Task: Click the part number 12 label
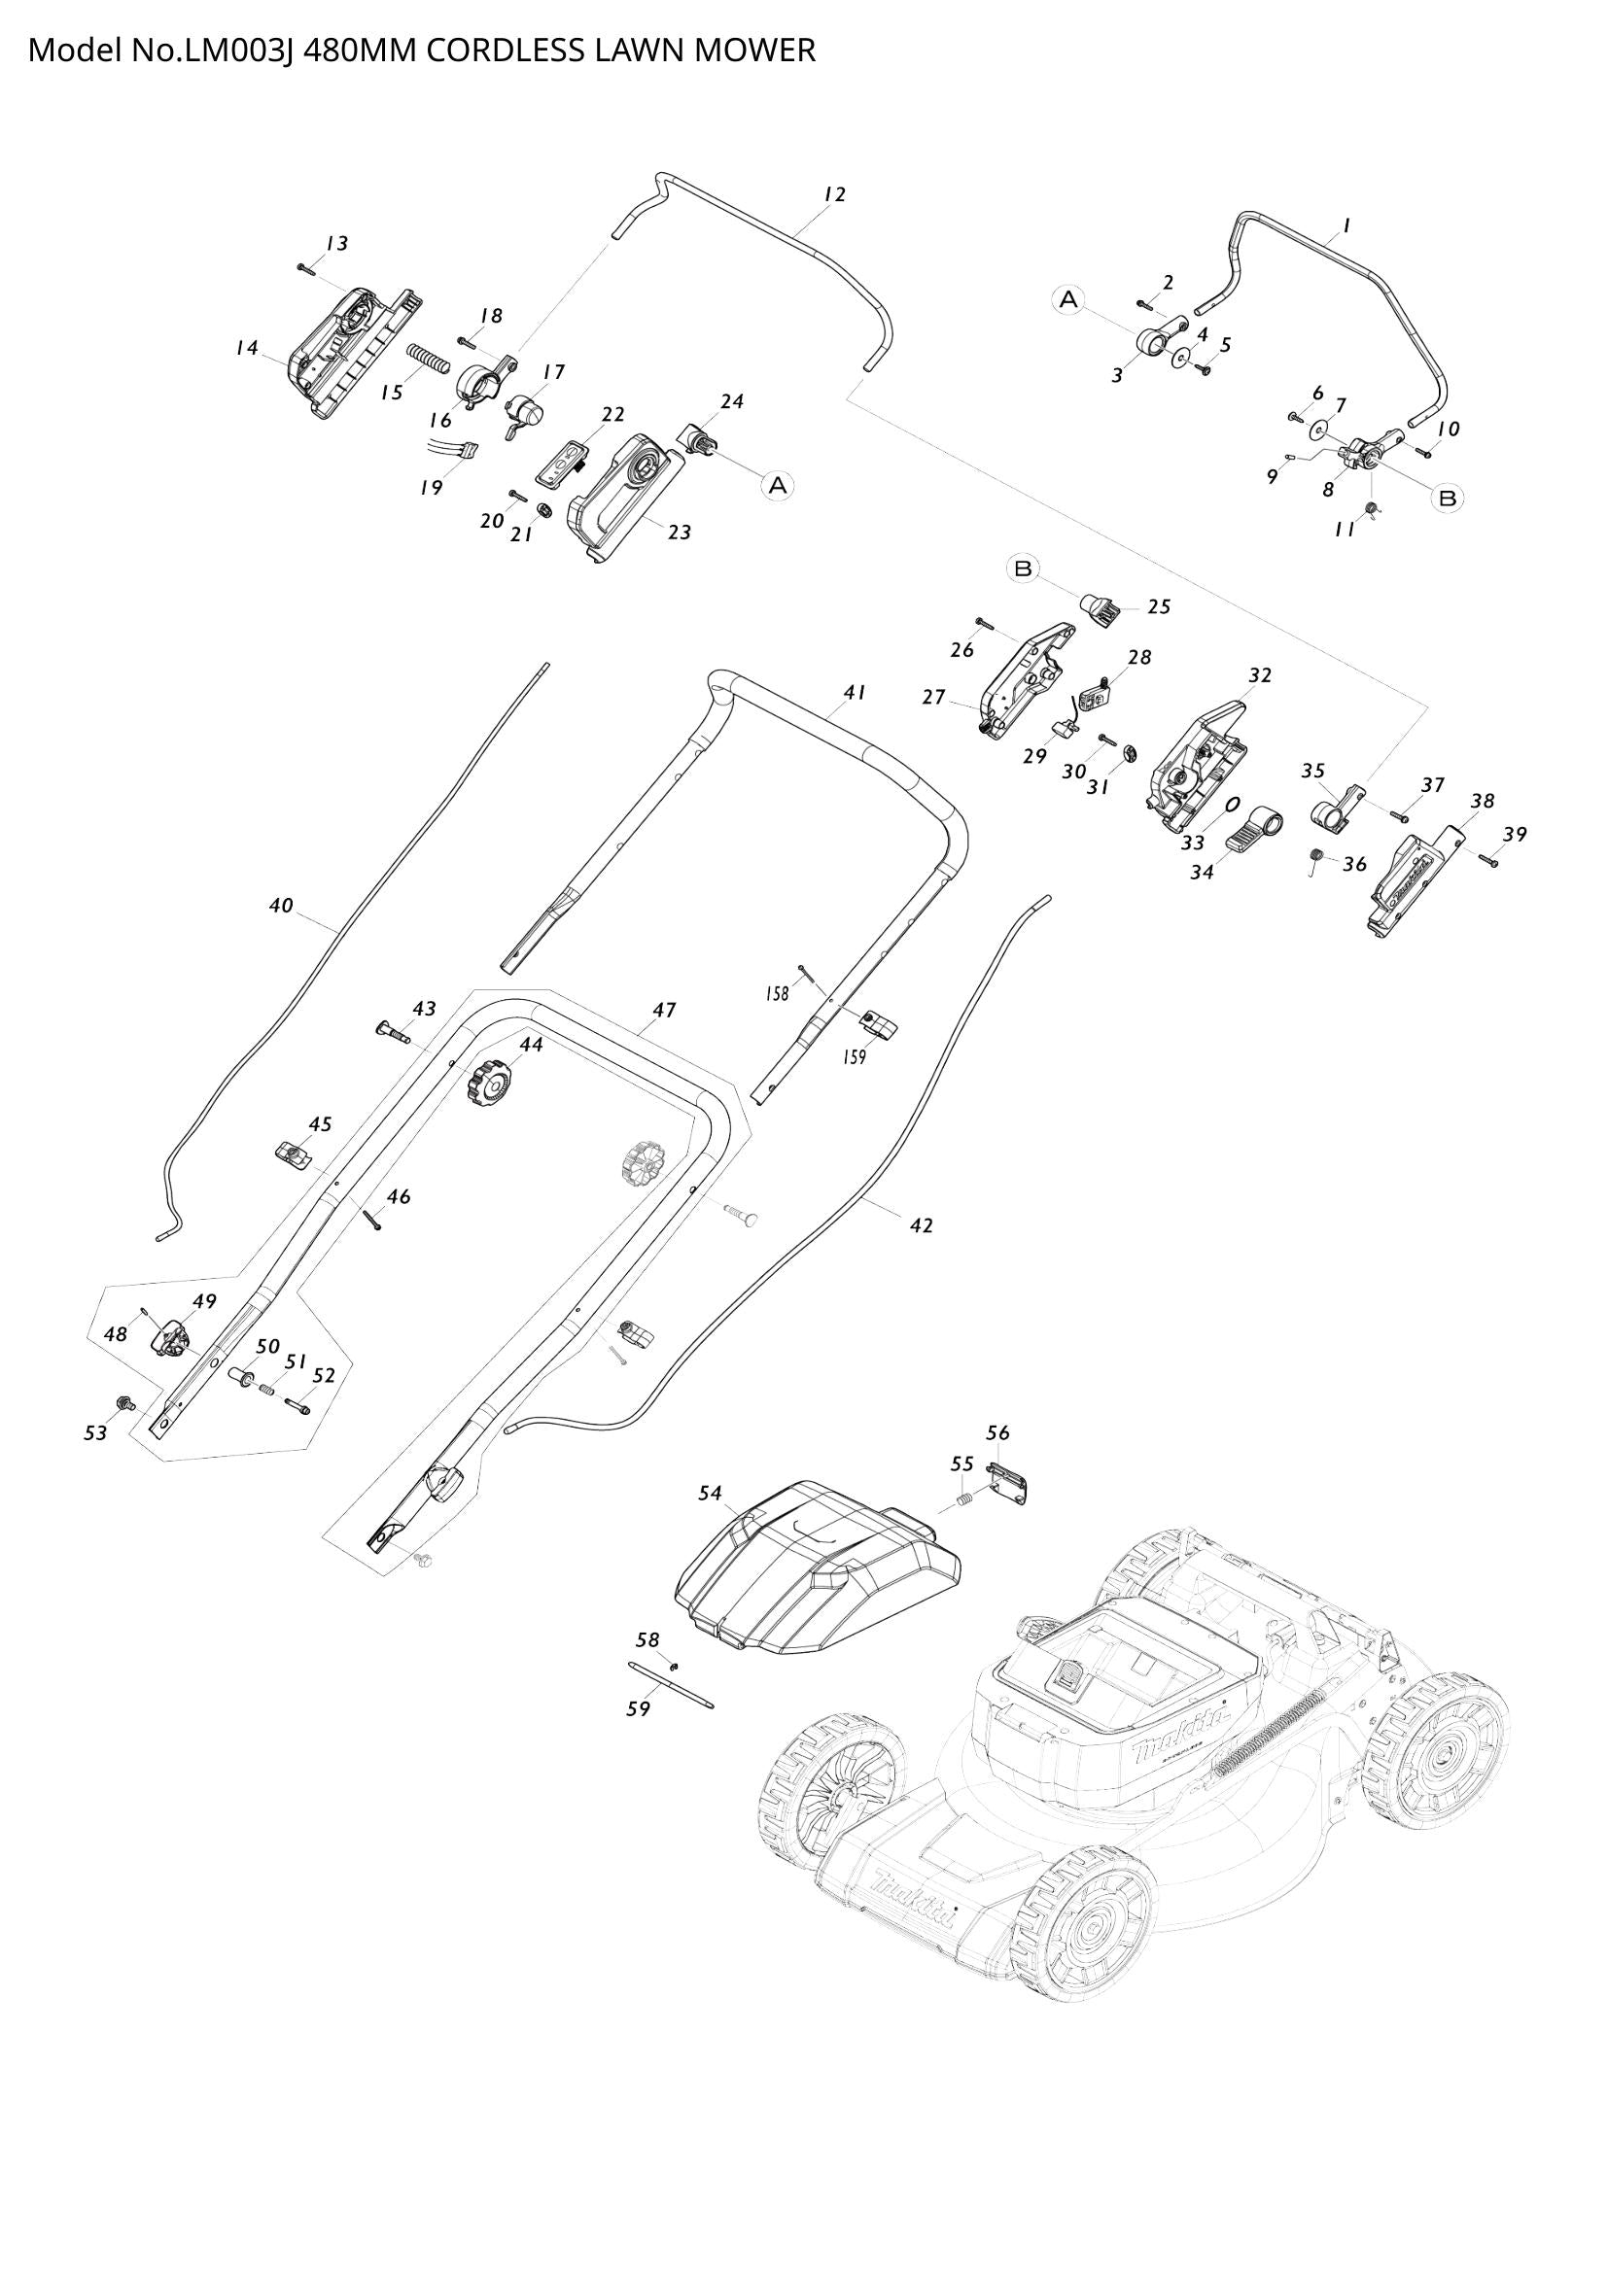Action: click(835, 195)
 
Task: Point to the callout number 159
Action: click(854, 1056)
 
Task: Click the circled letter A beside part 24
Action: click(778, 484)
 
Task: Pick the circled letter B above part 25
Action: click(1024, 568)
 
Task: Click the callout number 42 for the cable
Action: click(921, 1225)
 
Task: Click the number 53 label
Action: click(95, 1432)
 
